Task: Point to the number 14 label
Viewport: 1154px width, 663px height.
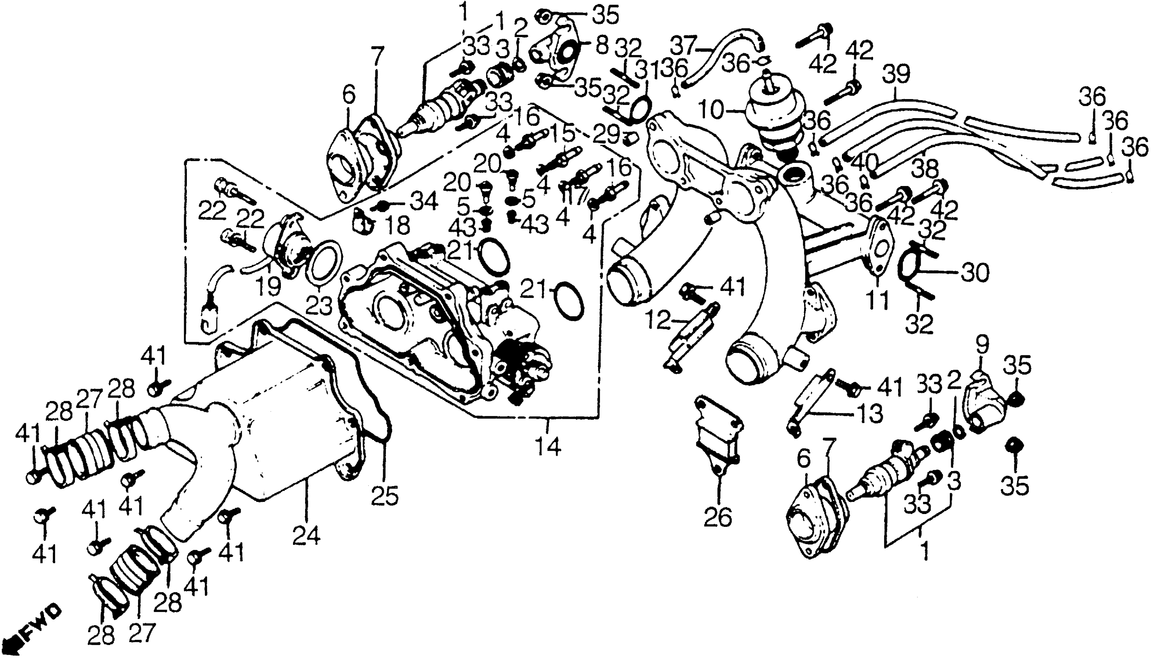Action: point(548,447)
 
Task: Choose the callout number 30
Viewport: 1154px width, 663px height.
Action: point(975,273)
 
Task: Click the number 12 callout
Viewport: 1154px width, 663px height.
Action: point(658,322)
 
